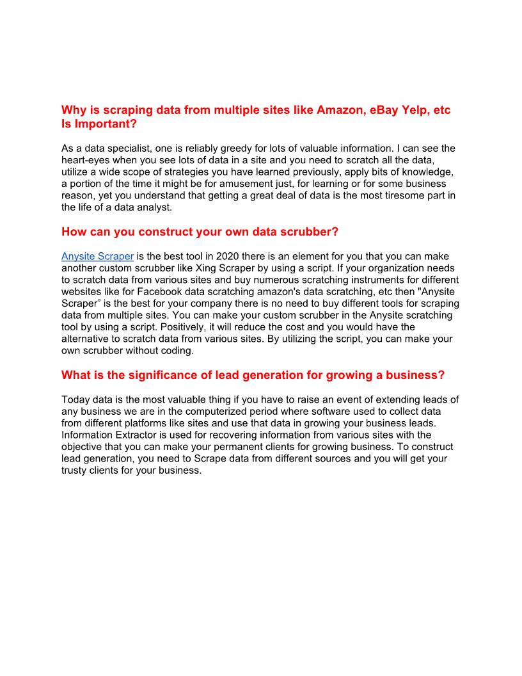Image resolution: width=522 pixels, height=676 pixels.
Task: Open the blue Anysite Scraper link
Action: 97,256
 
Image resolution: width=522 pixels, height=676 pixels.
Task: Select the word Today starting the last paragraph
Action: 75,400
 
